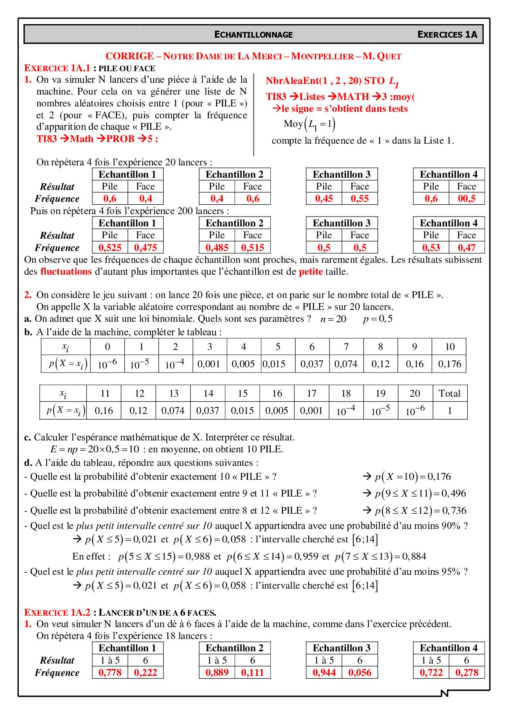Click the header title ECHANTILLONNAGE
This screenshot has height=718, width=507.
tap(253, 34)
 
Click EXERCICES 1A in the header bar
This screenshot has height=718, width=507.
tap(447, 34)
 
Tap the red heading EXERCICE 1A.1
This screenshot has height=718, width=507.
tap(57, 68)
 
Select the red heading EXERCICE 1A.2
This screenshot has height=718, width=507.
tap(57, 612)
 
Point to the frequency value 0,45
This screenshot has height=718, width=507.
tap(324, 199)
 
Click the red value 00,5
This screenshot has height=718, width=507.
tap(467, 199)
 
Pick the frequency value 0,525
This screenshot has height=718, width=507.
tap(110, 248)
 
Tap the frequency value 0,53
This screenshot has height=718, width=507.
tap(431, 248)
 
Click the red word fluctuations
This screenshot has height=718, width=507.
tap(66, 272)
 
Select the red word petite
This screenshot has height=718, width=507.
tap(311, 272)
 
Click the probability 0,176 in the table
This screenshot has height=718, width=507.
tap(449, 364)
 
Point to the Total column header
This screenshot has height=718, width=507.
tap(449, 393)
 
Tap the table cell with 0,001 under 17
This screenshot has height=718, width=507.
tap(311, 411)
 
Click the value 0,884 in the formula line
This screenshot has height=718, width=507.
tap(414, 557)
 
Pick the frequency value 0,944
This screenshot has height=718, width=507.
tap(324, 673)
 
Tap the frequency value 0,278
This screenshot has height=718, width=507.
tap(467, 673)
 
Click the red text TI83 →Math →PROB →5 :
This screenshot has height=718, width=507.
tap(97, 139)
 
